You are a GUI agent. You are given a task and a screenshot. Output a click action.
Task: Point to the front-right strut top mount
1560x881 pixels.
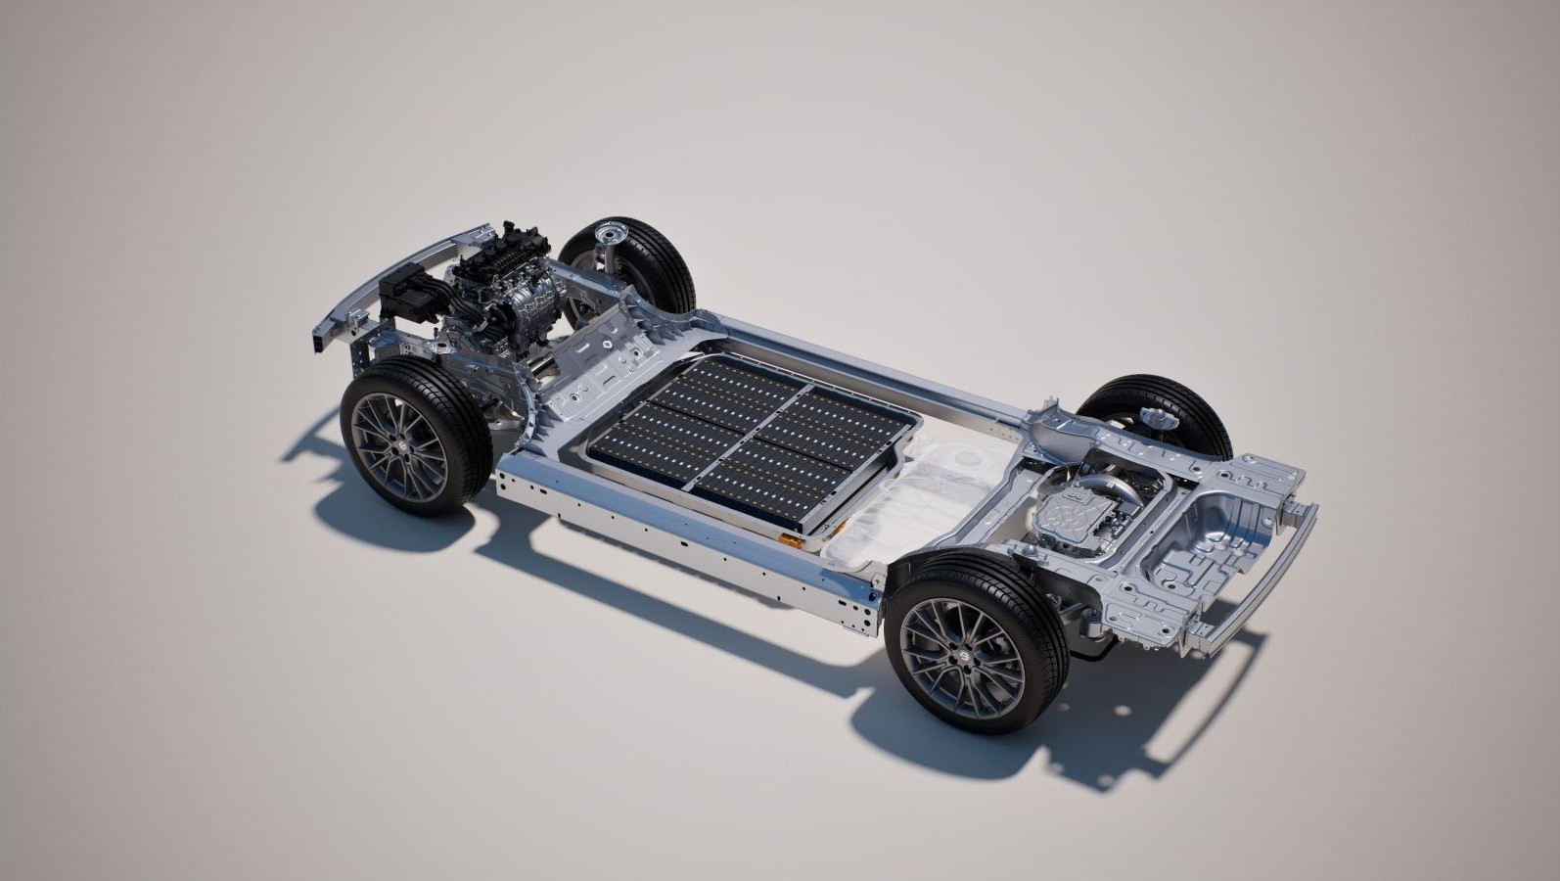click(615, 235)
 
